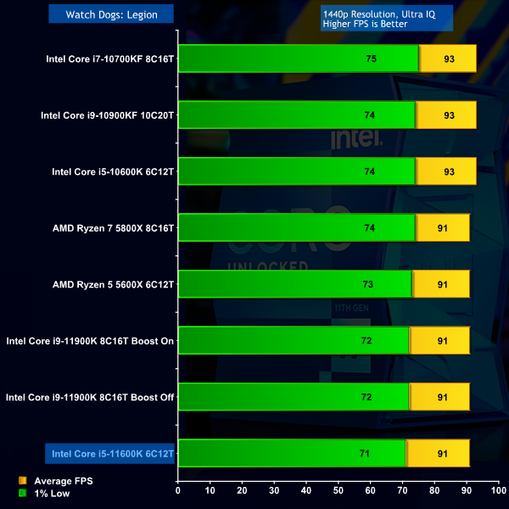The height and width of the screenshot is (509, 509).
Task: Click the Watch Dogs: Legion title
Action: tap(111, 14)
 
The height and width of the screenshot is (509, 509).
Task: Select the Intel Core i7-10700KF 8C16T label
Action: tap(110, 59)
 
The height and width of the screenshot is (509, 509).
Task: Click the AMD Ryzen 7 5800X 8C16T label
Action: tap(113, 228)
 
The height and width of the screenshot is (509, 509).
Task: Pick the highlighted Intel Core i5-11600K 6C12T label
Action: tap(113, 454)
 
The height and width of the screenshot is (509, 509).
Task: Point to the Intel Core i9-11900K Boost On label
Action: tap(90, 341)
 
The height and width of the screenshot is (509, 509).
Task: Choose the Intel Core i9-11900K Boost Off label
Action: tap(90, 397)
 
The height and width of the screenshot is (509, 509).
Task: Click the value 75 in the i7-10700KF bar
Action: tap(371, 59)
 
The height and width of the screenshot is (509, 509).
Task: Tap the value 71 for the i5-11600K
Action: tap(364, 454)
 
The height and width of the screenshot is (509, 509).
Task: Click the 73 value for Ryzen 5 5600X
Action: tap(368, 284)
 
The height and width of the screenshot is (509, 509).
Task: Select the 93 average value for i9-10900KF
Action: tap(448, 115)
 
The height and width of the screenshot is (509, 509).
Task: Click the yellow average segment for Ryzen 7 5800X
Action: tap(442, 228)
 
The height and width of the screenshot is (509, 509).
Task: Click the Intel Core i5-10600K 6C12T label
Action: tap(113, 171)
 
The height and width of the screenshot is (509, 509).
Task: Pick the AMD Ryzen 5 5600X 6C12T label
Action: tap(113, 284)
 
